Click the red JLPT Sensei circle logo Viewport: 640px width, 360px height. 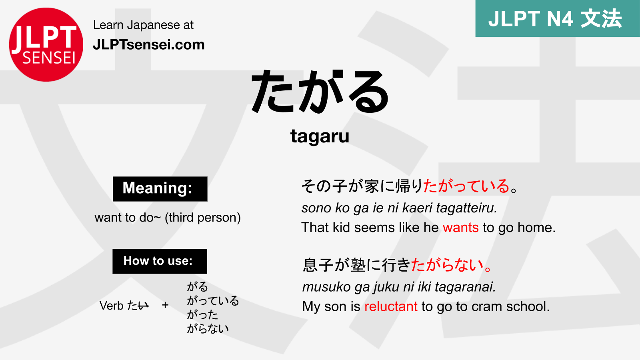(x=46, y=44)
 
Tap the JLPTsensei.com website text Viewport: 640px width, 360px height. (x=148, y=44)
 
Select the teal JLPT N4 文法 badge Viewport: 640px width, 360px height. (x=557, y=18)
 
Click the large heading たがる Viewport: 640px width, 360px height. (x=320, y=92)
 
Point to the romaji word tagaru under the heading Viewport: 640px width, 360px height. (x=320, y=136)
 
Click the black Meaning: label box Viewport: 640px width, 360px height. (x=160, y=188)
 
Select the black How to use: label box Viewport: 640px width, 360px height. (x=160, y=261)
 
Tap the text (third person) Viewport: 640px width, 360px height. (x=203, y=217)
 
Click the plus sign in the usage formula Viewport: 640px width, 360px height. (x=165, y=306)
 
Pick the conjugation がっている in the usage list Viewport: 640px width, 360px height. (x=213, y=300)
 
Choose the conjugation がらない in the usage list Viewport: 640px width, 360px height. (x=208, y=328)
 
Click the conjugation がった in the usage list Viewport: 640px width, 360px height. (x=202, y=314)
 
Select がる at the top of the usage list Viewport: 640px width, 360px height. (x=197, y=286)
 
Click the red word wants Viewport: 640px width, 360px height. (x=460, y=228)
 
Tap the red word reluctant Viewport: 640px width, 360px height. (x=391, y=306)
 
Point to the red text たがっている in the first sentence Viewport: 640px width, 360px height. (x=466, y=186)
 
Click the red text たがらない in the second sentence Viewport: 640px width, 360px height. (x=448, y=265)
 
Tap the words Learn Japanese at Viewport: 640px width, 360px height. (x=143, y=25)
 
